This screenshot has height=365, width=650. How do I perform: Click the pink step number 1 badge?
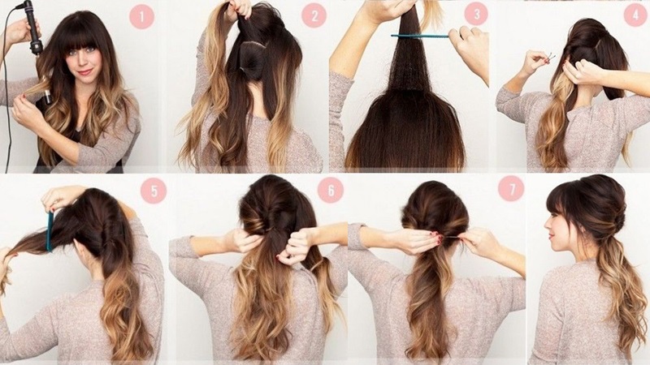(x=144, y=16)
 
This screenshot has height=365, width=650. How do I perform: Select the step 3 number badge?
(x=476, y=15)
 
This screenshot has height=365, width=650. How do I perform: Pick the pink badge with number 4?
(x=634, y=16)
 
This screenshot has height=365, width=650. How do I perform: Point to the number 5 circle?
(x=153, y=191)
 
